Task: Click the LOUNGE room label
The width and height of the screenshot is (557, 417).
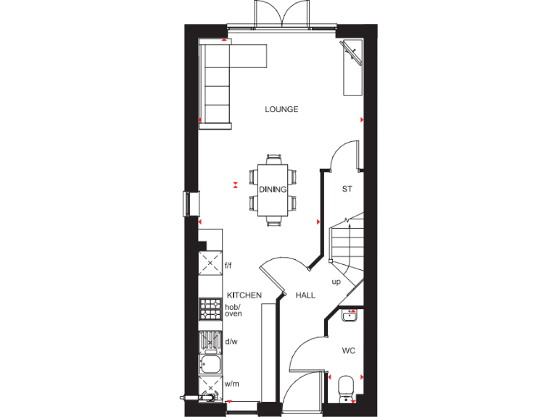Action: pyautogui.click(x=281, y=110)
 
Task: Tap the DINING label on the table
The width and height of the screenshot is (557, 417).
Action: pyautogui.click(x=273, y=190)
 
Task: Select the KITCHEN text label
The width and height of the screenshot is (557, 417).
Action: pyautogui.click(x=244, y=295)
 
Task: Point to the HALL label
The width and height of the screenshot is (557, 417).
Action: pyautogui.click(x=305, y=295)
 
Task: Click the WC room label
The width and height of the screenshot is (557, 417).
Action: pyautogui.click(x=349, y=351)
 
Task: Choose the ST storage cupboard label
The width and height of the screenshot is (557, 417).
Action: pyautogui.click(x=347, y=190)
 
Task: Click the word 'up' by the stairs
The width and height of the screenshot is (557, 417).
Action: pyautogui.click(x=336, y=282)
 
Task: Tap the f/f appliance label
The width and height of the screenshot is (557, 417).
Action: pyautogui.click(x=228, y=266)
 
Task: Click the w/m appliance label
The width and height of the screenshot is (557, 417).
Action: pyautogui.click(x=232, y=384)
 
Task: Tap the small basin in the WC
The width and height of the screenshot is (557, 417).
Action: pyautogui.click(x=350, y=315)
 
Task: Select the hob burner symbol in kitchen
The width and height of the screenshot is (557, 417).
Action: pyautogui.click(x=210, y=309)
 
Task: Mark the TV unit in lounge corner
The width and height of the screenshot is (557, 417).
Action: pyautogui.click(x=352, y=67)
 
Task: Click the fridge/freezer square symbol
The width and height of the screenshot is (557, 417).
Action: pyautogui.click(x=210, y=263)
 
